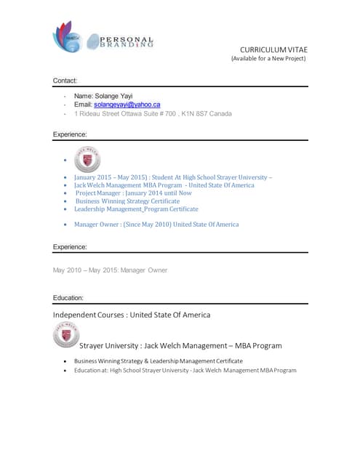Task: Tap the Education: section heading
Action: click(x=68, y=298)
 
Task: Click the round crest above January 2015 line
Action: click(x=87, y=160)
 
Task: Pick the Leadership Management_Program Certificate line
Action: click(x=136, y=209)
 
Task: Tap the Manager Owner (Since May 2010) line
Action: click(x=156, y=225)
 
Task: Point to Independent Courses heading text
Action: click(x=132, y=315)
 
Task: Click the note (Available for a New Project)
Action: click(x=268, y=59)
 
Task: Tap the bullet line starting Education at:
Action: click(x=185, y=371)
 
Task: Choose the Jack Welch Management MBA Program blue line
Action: click(x=164, y=185)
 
